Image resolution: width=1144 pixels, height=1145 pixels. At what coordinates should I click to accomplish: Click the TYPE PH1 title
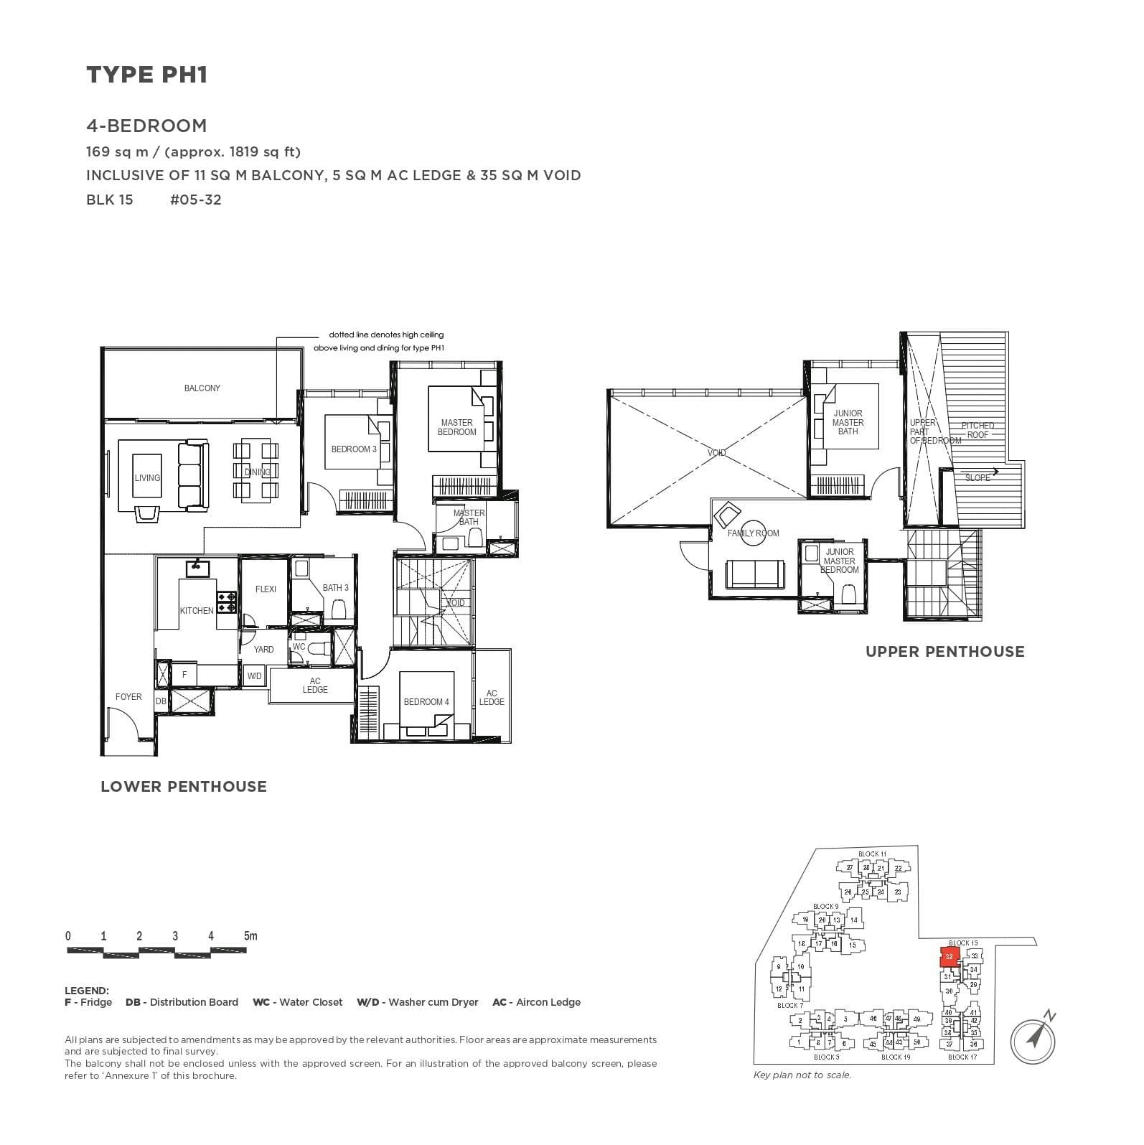click(x=147, y=75)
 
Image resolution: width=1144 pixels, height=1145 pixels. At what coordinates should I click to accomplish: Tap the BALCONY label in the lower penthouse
click(x=202, y=388)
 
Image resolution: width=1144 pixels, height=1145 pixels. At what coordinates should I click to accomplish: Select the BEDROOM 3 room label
click(x=354, y=449)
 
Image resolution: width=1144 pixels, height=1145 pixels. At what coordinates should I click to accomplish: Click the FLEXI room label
click(x=266, y=589)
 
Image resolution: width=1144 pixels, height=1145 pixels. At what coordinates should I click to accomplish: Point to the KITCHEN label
click(x=197, y=611)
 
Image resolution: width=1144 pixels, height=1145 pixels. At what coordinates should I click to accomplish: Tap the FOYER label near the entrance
click(x=128, y=697)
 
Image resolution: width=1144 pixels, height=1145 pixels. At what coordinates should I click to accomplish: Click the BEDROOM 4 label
click(x=426, y=702)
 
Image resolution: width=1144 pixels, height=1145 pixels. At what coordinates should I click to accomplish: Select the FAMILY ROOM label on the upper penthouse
click(x=753, y=533)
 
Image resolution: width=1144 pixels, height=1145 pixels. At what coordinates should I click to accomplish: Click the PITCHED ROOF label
click(x=977, y=430)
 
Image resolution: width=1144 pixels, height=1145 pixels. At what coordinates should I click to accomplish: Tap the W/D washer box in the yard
click(x=254, y=676)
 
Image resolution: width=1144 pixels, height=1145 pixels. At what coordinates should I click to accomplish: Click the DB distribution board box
click(x=161, y=701)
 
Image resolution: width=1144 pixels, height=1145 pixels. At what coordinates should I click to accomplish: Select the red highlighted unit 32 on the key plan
click(x=949, y=957)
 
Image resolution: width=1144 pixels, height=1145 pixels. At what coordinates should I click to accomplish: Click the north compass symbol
click(x=1034, y=1038)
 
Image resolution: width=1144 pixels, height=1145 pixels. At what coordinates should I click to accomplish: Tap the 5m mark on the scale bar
click(x=250, y=936)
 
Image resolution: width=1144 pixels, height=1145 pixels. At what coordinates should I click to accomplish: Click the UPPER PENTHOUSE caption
click(x=944, y=652)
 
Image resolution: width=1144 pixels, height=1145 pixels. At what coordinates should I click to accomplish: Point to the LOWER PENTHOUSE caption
click(x=184, y=787)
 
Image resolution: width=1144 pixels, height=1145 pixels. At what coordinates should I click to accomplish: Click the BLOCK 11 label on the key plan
click(x=872, y=854)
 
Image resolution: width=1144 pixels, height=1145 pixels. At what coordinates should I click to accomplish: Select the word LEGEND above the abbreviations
click(x=87, y=991)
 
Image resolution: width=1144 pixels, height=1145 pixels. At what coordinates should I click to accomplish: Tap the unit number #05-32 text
click(x=195, y=200)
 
